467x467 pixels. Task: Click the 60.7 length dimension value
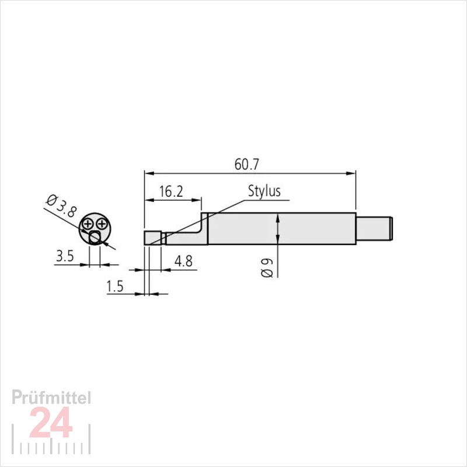247,164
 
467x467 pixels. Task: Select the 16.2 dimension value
171,191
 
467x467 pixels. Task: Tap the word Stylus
264,191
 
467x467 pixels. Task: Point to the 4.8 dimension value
183,261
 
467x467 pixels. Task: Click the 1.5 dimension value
115,286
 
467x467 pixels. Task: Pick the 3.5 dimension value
65,256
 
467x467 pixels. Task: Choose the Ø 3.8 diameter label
61,206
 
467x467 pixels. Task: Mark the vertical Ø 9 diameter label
267,268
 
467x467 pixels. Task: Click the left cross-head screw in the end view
88,224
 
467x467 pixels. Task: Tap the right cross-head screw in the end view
102,224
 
